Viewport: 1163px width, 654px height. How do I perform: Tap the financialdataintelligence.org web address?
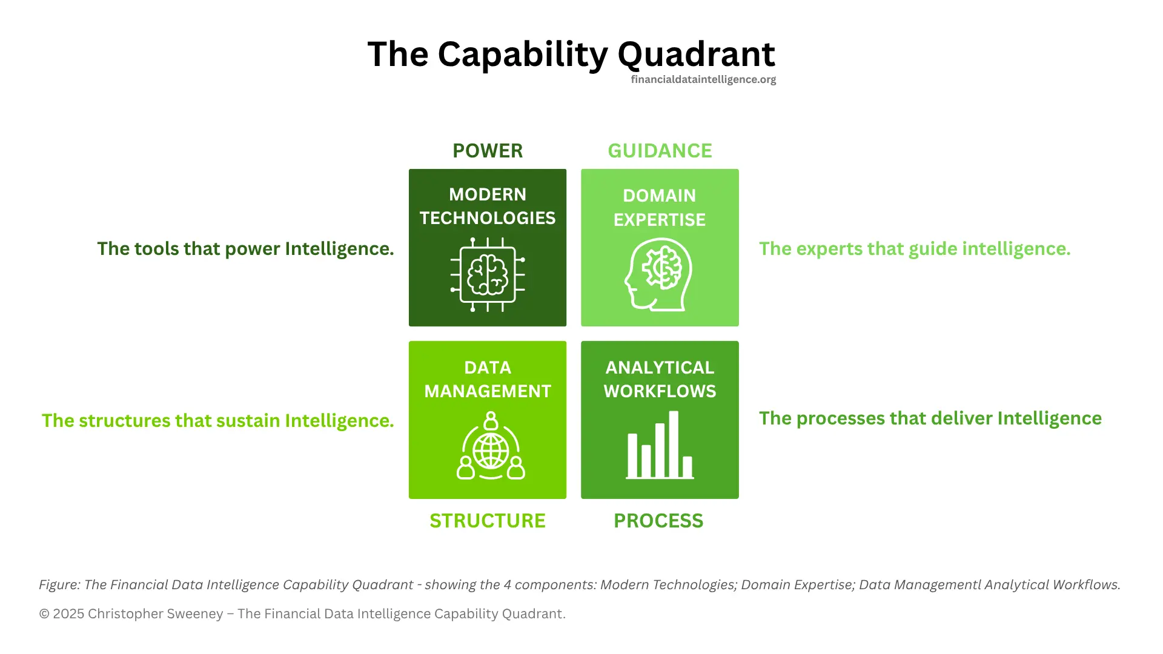[x=703, y=79]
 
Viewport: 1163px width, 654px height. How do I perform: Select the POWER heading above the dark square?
[x=487, y=151]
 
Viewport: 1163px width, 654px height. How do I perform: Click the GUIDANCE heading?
[x=660, y=151]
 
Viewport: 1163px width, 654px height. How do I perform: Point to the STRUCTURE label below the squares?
[x=487, y=521]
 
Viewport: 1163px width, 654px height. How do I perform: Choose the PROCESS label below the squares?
[x=658, y=521]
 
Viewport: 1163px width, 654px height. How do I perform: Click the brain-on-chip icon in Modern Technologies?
[x=488, y=274]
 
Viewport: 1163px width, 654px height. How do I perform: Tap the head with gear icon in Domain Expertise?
[x=658, y=274]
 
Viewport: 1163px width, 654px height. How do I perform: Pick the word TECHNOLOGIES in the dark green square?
[x=487, y=218]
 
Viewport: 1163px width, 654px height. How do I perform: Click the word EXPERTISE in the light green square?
[x=660, y=220]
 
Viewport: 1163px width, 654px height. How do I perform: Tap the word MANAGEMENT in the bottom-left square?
[x=487, y=391]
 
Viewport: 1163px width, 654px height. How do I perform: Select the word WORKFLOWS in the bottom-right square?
[x=660, y=391]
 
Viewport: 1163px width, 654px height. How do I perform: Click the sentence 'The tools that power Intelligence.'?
[x=245, y=249]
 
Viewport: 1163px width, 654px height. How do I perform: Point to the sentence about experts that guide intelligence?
[x=915, y=249]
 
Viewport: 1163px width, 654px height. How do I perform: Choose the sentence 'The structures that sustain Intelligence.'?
[x=217, y=421]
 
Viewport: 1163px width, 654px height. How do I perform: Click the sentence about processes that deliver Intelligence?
[x=930, y=418]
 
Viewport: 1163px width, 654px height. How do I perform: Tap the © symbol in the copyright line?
[x=44, y=614]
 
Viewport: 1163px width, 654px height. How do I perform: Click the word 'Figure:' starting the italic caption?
[x=59, y=585]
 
